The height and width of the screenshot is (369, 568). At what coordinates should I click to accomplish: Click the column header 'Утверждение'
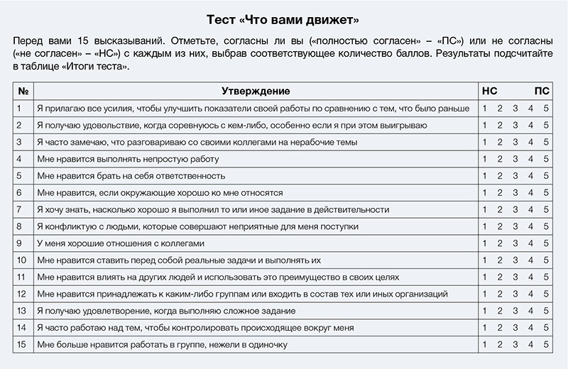[256, 92]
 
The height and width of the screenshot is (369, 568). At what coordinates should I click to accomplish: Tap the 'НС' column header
[489, 92]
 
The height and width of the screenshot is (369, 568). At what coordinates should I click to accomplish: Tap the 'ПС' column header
[542, 92]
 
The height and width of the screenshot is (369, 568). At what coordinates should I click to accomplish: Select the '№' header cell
[23, 92]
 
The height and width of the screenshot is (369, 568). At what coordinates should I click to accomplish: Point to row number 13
[22, 311]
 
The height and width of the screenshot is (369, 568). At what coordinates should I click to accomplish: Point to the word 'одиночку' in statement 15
[268, 345]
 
